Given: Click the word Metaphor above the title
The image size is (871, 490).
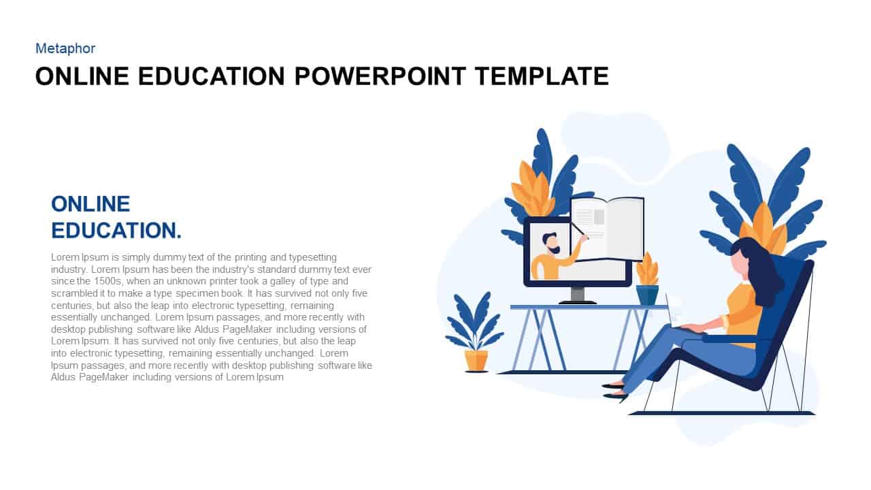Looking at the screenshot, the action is pyautogui.click(x=65, y=48).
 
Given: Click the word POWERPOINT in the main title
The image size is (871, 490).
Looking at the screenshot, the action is pyautogui.click(x=380, y=76).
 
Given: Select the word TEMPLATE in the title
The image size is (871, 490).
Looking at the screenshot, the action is pyautogui.click(x=542, y=76).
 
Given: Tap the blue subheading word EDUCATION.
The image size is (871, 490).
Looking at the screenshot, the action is pyautogui.click(x=116, y=231).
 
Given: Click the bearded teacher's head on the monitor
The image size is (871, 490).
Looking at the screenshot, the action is pyautogui.click(x=551, y=243).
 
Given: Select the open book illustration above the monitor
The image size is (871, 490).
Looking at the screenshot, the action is pyautogui.click(x=607, y=229).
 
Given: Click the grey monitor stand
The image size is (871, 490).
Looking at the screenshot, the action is pyautogui.click(x=578, y=295).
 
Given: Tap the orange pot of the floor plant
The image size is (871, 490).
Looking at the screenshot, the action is pyautogui.click(x=476, y=361).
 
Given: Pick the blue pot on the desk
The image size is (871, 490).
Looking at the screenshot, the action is pyautogui.click(x=647, y=295).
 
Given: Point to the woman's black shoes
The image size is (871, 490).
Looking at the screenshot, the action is pyautogui.click(x=614, y=391).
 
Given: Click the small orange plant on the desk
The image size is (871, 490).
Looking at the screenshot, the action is pyautogui.click(x=647, y=269).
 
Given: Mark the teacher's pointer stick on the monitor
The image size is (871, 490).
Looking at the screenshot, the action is pyautogui.click(x=579, y=229).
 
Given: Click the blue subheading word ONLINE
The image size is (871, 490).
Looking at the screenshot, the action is pyautogui.click(x=91, y=204).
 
